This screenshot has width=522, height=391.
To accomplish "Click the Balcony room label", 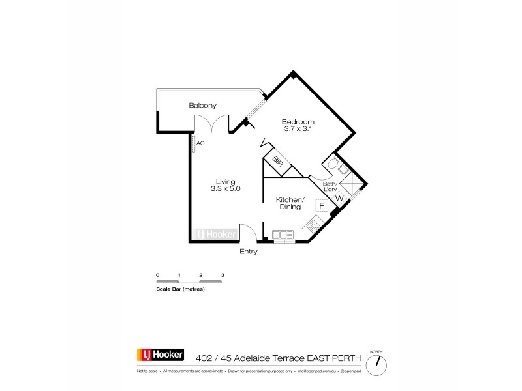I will pyautogui.click(x=202, y=106).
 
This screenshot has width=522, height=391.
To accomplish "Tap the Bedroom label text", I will pyautogui.click(x=298, y=122).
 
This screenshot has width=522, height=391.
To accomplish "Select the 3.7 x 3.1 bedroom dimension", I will pyautogui.click(x=298, y=130).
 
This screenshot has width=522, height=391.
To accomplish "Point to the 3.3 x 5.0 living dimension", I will pyautogui.click(x=226, y=189).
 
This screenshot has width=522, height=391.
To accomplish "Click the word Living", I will pyautogui.click(x=226, y=181).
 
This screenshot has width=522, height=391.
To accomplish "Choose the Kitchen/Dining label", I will pyautogui.click(x=290, y=203).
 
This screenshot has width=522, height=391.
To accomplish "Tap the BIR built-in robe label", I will pyautogui.click(x=277, y=161).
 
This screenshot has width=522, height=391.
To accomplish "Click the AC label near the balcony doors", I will pyautogui.click(x=200, y=143).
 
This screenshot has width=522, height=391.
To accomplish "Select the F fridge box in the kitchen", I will pyautogui.click(x=321, y=206).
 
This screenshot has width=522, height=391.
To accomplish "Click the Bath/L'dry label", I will pyautogui.click(x=330, y=186).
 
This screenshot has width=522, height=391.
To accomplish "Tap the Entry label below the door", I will pyautogui.click(x=249, y=252).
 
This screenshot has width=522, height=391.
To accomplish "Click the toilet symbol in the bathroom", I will pyautogui.click(x=332, y=164).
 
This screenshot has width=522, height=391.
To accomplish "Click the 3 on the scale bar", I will pyautogui.click(x=223, y=276).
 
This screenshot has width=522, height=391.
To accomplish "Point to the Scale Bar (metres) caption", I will pyautogui.click(x=180, y=288).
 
